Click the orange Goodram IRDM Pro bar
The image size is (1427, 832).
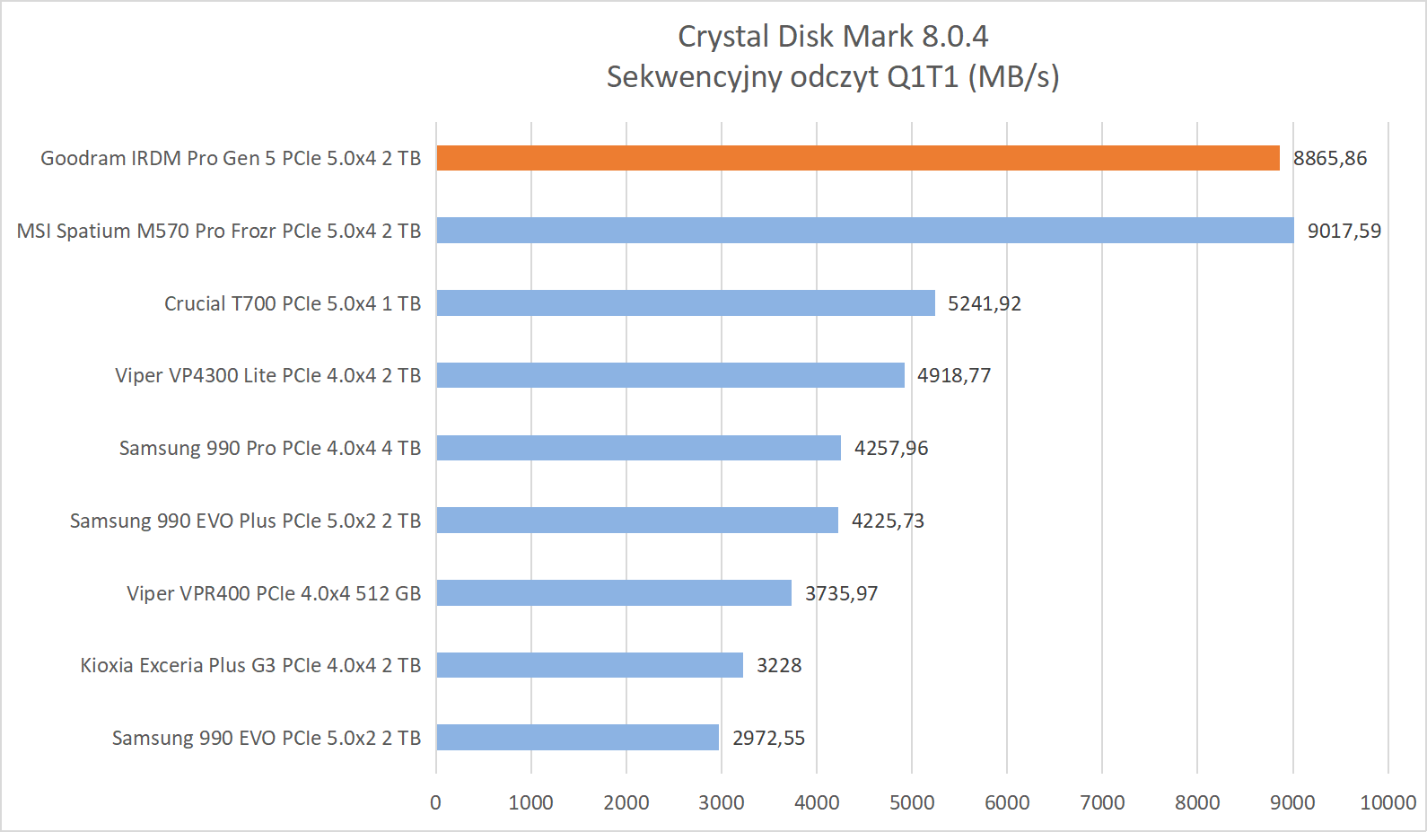pos(857,158)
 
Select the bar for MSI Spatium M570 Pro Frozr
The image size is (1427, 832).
pos(864,231)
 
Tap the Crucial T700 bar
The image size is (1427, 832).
pos(685,303)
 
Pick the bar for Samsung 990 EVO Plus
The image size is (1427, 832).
pos(636,521)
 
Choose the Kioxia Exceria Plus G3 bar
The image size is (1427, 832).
pos(589,665)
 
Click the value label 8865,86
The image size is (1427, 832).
pos(1329,159)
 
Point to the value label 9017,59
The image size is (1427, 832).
pos(1344,232)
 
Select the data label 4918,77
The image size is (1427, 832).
pos(953,376)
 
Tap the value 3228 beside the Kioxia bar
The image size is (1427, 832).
pos(778,666)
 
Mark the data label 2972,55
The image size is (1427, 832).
pos(768,739)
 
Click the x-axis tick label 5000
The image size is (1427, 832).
pos(911,802)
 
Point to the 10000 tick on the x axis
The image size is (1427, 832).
pos(1388,802)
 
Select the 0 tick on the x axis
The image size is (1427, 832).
pos(436,802)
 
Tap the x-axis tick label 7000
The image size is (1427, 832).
pos(1102,802)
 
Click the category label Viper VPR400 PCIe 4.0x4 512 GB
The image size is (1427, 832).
pos(274,593)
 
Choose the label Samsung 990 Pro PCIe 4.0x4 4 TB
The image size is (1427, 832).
pos(270,448)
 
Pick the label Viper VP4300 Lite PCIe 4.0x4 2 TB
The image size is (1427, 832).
pos(267,375)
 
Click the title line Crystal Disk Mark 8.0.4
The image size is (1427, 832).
pos(832,37)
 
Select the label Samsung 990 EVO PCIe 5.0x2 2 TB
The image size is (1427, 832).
pos(267,738)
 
